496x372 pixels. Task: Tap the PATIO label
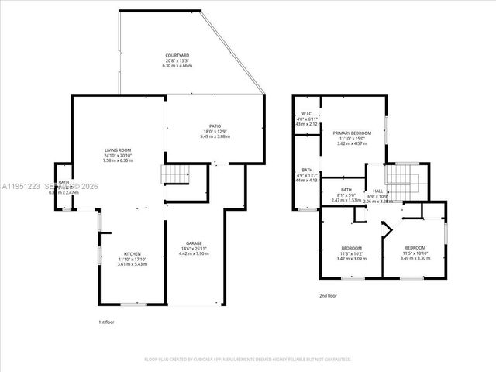(x=215, y=126)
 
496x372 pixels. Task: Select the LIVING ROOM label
(x=119, y=150)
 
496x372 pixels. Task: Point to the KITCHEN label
(x=131, y=255)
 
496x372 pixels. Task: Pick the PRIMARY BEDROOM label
(x=352, y=133)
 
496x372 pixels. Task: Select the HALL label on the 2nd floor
(x=377, y=190)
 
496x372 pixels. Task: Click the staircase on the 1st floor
(x=173, y=174)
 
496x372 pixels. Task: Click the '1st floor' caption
(x=107, y=322)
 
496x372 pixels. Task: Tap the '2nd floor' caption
(x=328, y=295)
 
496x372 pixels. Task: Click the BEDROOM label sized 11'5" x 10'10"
(x=415, y=248)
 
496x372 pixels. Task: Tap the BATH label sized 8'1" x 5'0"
(x=346, y=190)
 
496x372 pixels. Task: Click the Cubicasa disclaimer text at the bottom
(x=248, y=360)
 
